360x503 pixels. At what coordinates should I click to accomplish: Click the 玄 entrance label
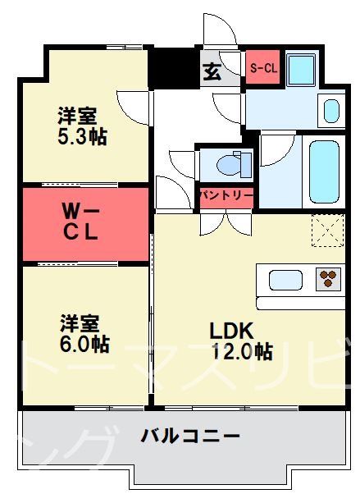pyautogui.click(x=211, y=71)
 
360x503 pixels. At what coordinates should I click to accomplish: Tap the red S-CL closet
pyautogui.click(x=263, y=68)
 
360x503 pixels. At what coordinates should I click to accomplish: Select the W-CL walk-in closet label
pyautogui.click(x=82, y=222)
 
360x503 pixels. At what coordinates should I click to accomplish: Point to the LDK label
pyautogui.click(x=232, y=331)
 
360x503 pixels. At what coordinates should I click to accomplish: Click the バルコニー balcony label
pyautogui.click(x=189, y=435)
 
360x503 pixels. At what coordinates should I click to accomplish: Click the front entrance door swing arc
pyautogui.click(x=220, y=33)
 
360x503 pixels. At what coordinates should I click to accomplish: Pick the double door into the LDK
pyautogui.click(x=225, y=222)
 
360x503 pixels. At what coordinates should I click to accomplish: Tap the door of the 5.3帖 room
pyautogui.click(x=134, y=105)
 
